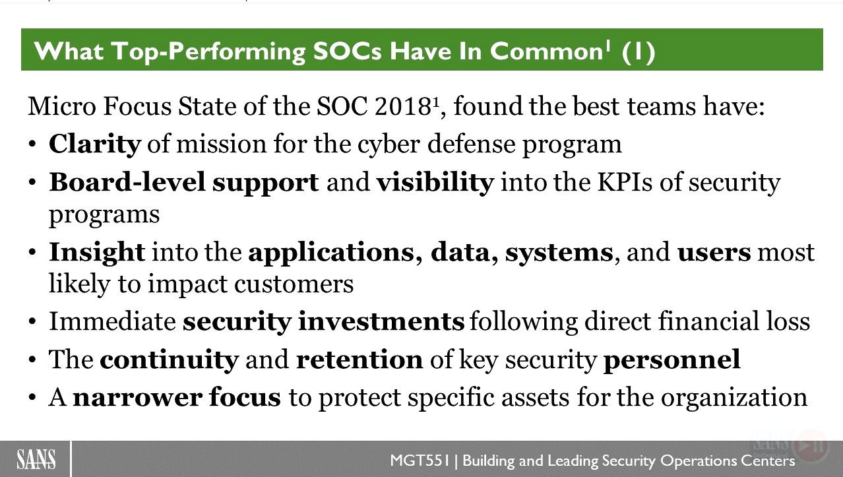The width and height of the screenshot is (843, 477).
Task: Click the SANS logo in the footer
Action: (x=36, y=459)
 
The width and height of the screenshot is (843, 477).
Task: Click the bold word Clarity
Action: (x=95, y=144)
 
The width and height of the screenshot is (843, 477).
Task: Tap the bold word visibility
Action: (x=435, y=182)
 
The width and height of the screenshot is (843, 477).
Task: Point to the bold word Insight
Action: (x=97, y=253)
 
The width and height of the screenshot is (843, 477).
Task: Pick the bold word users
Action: (x=714, y=253)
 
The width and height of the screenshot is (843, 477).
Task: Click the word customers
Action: (x=294, y=284)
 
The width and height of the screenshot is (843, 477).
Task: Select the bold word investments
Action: (x=381, y=321)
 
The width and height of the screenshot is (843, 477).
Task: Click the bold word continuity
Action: (x=170, y=360)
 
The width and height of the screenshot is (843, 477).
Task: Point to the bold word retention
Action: (x=359, y=360)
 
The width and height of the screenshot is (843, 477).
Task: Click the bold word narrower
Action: (x=137, y=398)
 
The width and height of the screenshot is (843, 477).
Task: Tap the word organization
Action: (x=734, y=398)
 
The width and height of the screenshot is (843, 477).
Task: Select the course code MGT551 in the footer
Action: (x=420, y=461)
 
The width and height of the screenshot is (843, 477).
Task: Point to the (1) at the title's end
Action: (x=639, y=51)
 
